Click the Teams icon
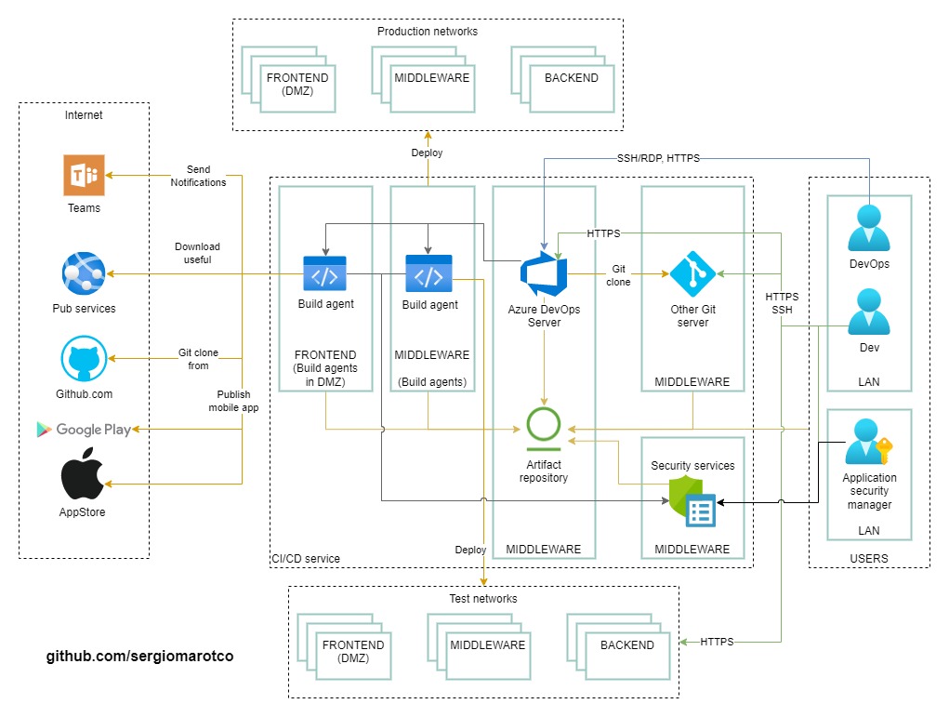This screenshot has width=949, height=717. coord(84,176)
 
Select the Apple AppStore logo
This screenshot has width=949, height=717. coord(84,477)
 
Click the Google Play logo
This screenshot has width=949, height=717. coord(84,429)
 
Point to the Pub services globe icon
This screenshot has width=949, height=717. coord(84,273)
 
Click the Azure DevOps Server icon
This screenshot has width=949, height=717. coord(544,274)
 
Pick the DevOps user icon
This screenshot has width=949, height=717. coord(869,229)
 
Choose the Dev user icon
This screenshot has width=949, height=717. coord(869,313)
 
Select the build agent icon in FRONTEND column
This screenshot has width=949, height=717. coord(325,274)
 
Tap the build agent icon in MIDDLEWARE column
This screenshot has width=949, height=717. coord(428,274)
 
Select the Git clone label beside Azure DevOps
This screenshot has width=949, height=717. coord(619,275)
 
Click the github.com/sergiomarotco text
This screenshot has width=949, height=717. coord(140,657)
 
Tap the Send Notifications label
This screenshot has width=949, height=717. coord(198,176)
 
